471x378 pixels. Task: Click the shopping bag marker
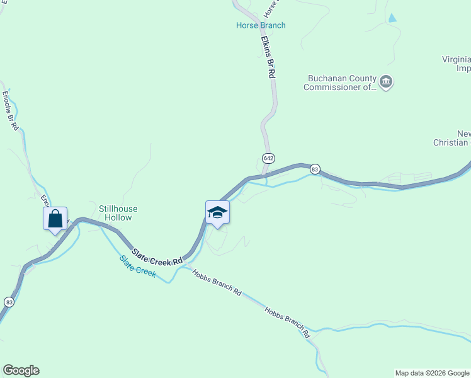point(55,220)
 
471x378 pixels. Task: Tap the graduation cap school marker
point(217,213)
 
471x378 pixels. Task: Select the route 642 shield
point(268,157)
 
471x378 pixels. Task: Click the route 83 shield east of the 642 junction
point(315,169)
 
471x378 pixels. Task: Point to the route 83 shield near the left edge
point(9,302)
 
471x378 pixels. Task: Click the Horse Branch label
point(261,26)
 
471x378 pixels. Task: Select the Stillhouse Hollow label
point(118,213)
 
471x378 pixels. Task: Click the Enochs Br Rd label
point(11,111)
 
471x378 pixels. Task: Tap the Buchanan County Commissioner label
point(340,83)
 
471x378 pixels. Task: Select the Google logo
point(21,370)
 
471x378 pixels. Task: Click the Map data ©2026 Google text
point(431,373)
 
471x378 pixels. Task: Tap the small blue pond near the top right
point(393,18)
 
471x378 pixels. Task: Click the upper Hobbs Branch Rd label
point(217,283)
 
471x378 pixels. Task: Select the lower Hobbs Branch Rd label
point(288,323)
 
